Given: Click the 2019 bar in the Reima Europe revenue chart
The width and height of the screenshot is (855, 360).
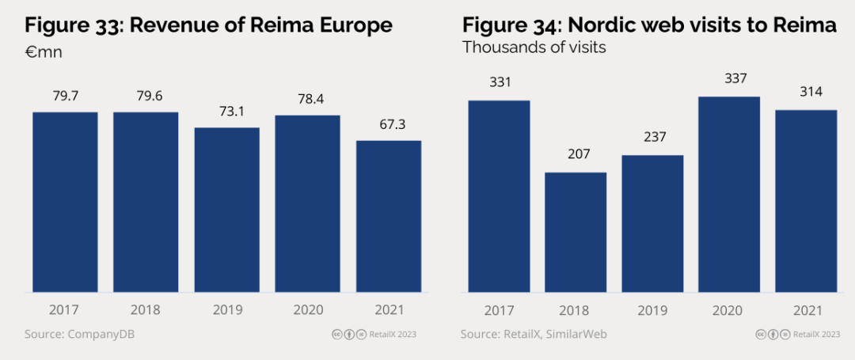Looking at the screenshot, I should coord(227,210).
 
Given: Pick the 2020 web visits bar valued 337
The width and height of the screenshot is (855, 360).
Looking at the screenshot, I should coord(729,194).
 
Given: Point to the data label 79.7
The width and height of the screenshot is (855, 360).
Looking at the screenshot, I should coord(65,97).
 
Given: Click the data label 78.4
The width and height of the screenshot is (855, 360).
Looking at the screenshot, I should coord(308,100).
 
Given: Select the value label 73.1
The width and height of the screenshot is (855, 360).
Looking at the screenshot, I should coord(227,112).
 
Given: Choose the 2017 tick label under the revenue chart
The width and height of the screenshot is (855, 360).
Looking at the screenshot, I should coord(65,309).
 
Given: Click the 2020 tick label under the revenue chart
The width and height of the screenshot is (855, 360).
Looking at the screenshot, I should coord(308,309).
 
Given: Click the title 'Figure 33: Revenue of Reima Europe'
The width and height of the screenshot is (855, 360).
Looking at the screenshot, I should coord(208,25).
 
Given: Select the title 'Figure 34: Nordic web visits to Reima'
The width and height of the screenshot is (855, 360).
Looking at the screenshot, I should coord(649,25).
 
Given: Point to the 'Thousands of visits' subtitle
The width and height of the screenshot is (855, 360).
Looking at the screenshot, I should coord(534,47).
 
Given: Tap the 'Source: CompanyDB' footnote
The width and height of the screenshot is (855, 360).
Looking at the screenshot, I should coord(79,334).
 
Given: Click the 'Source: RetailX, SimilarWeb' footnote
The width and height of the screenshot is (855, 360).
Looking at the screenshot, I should coord(534,334).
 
